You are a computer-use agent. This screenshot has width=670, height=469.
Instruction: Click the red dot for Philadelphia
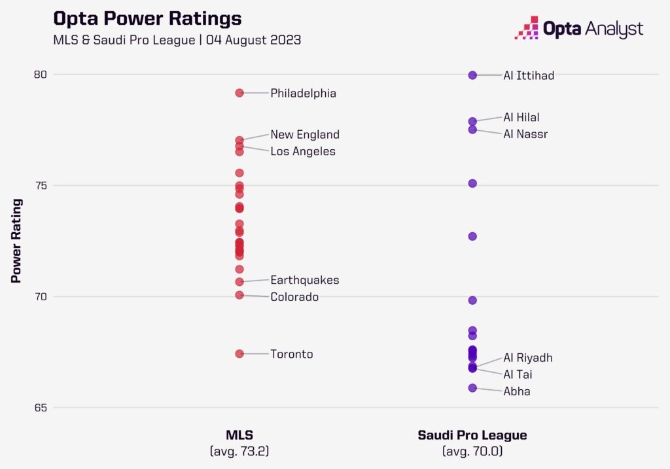tap(239, 93)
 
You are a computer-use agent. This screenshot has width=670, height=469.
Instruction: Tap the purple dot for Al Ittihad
tap(472, 75)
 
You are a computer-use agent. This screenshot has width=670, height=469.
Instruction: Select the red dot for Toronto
tap(239, 354)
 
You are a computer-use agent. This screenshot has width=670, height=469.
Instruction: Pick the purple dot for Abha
tap(472, 388)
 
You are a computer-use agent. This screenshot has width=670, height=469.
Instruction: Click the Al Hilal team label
tap(521, 118)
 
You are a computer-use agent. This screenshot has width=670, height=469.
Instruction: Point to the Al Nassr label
tap(525, 134)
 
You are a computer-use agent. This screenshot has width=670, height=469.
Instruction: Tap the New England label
tap(305, 135)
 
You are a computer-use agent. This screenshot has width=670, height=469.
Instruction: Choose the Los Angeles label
tap(303, 152)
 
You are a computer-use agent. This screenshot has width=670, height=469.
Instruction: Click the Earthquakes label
tap(305, 280)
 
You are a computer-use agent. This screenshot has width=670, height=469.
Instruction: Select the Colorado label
tap(294, 297)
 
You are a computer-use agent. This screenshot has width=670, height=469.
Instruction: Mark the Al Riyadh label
tap(528, 358)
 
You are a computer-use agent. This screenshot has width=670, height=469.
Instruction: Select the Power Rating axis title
tap(16, 241)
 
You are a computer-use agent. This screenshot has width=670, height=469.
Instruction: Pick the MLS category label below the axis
tap(239, 435)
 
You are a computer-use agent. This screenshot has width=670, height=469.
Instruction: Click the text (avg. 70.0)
tap(472, 451)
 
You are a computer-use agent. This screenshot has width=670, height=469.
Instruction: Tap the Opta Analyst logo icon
tap(527, 28)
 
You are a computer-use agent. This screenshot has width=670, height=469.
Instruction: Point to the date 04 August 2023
tap(253, 39)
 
